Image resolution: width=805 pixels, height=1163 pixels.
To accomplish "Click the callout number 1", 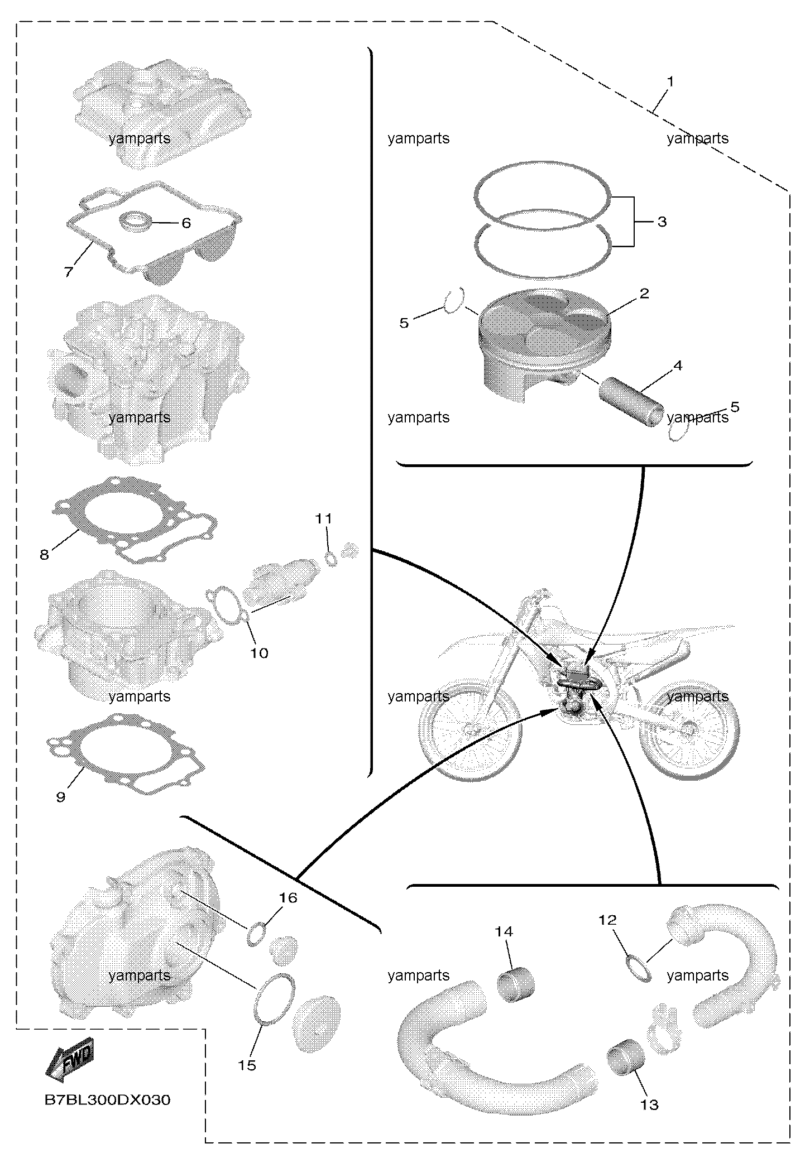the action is (x=670, y=82).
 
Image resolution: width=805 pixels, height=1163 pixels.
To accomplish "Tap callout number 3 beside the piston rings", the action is (x=662, y=222).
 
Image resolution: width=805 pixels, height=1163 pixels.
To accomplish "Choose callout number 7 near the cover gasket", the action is (x=68, y=272).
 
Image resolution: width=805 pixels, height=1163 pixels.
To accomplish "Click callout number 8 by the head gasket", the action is (x=44, y=554).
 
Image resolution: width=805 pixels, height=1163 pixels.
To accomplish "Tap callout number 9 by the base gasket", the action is (x=61, y=797).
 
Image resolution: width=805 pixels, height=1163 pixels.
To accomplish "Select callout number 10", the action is (x=259, y=652).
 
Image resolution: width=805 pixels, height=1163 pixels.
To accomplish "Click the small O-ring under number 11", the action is (x=332, y=559).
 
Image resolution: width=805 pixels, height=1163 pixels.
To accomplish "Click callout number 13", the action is (x=649, y=1104).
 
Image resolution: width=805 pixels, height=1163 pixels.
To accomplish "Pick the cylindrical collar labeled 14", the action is (x=515, y=985).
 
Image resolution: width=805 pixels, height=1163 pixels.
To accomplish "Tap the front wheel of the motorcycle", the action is (x=472, y=729).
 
